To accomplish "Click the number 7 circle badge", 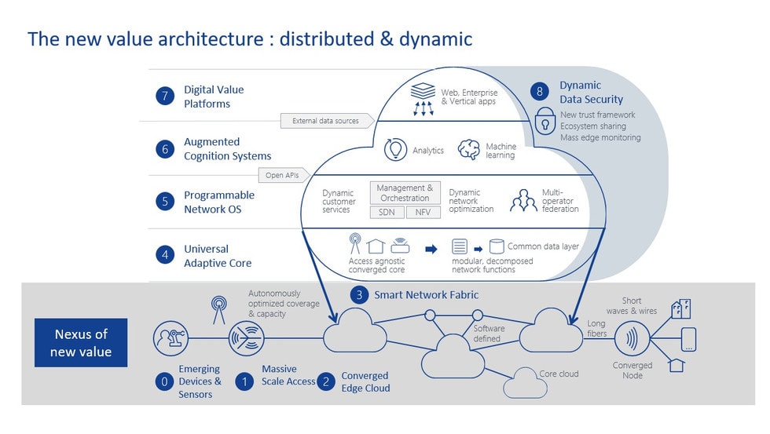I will tap(164, 96).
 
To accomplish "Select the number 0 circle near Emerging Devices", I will tap(164, 382).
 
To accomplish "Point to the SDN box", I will tap(386, 213).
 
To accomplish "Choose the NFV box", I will tap(423, 213).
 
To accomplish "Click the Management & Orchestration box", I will tap(405, 193).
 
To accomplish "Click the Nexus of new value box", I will tap(80, 342).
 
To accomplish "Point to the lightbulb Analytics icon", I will tap(394, 150).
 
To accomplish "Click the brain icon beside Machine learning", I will tap(469, 150).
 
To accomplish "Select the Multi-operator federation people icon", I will tap(523, 201).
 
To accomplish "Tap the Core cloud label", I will tap(559, 374).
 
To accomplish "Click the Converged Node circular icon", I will tap(632, 341).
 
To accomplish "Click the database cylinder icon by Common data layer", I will tap(496, 246).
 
